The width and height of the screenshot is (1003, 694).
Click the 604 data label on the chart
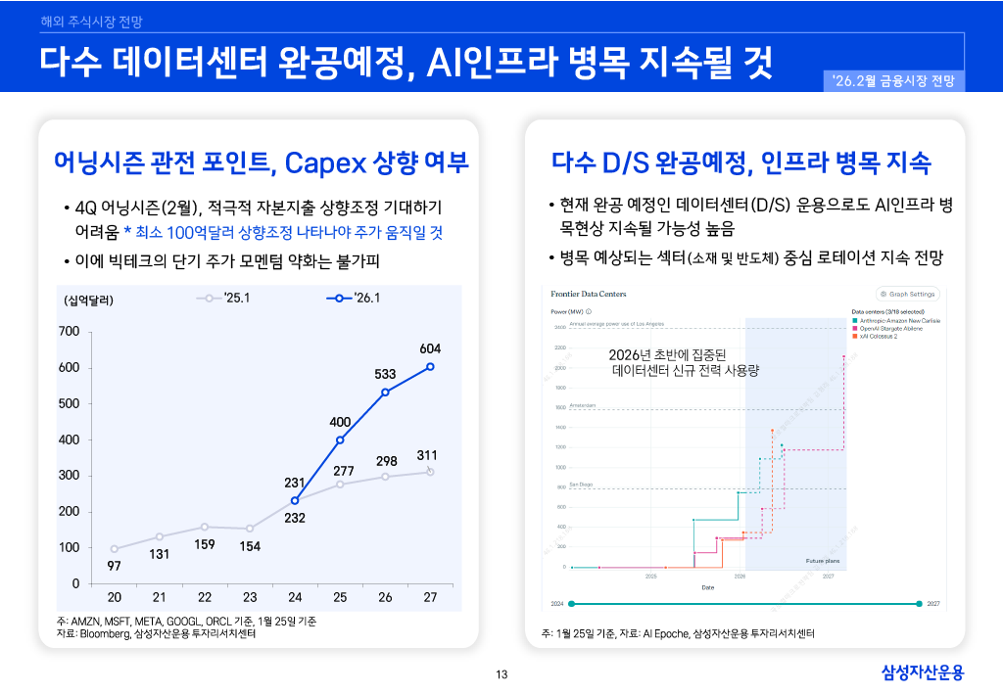click(430, 348)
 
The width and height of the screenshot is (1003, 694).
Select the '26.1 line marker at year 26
click(385, 392)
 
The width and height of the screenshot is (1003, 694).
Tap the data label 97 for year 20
click(115, 566)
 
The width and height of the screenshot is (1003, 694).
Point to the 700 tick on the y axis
click(69, 332)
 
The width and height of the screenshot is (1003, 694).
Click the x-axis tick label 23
click(250, 597)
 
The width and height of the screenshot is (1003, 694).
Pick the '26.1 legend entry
click(354, 298)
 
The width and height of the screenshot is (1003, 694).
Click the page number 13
click(501, 673)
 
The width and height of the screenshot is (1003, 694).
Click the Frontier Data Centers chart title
click(588, 294)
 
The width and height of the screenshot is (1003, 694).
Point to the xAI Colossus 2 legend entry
click(880, 336)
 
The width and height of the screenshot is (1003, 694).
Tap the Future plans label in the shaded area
click(822, 561)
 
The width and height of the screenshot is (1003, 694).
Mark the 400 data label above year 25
click(340, 422)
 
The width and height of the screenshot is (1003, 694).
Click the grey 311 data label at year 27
click(426, 455)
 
